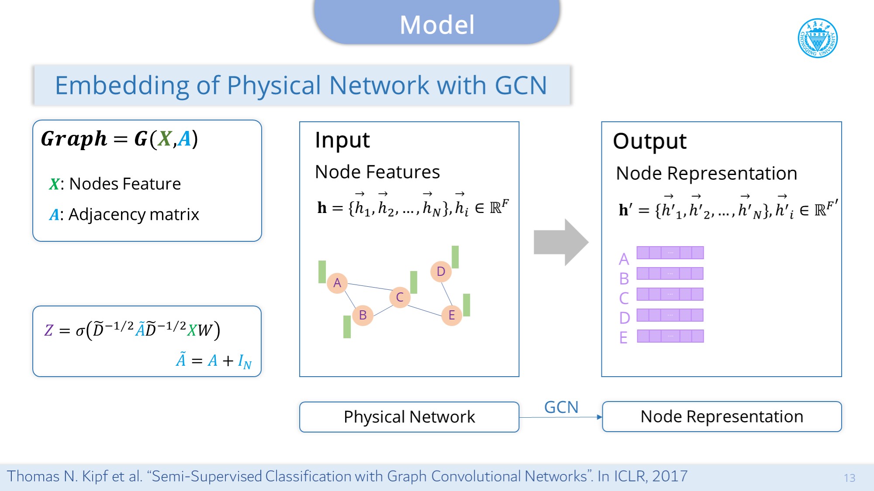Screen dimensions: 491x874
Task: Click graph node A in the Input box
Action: tap(337, 283)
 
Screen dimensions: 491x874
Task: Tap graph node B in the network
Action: tap(363, 315)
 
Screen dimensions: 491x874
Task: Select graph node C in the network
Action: tap(400, 298)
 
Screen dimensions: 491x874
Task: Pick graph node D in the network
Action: tap(441, 271)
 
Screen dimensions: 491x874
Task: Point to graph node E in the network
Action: tap(452, 315)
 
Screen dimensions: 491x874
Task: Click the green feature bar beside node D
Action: tap(455, 257)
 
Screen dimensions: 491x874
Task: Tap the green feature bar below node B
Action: tap(347, 327)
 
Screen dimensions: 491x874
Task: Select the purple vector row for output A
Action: tap(670, 253)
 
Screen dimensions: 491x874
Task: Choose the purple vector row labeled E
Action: tap(670, 336)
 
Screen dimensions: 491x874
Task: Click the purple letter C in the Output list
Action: tap(624, 299)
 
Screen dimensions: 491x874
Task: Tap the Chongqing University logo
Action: tap(818, 38)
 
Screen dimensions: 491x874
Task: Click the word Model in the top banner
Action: tap(437, 25)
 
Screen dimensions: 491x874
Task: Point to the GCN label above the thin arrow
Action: tap(561, 407)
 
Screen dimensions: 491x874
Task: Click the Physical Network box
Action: tap(409, 417)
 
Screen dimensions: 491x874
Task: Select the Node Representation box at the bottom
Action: tap(722, 417)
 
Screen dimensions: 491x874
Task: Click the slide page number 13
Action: tap(849, 478)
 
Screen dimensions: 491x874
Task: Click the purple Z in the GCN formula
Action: tap(48, 330)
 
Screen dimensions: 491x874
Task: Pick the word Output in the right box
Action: tap(649, 141)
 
